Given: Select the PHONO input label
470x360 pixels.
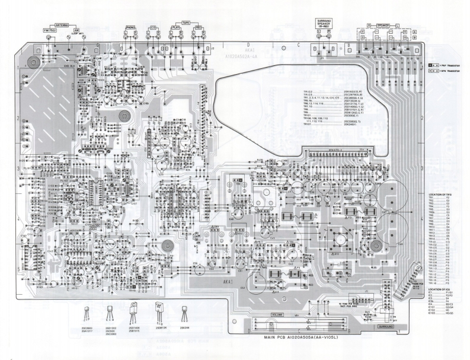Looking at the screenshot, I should click(130, 27).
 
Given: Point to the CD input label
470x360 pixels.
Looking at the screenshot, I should click(153, 27).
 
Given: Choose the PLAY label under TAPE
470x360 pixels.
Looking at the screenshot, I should click(176, 27).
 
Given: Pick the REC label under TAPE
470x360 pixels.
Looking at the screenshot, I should click(198, 27).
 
